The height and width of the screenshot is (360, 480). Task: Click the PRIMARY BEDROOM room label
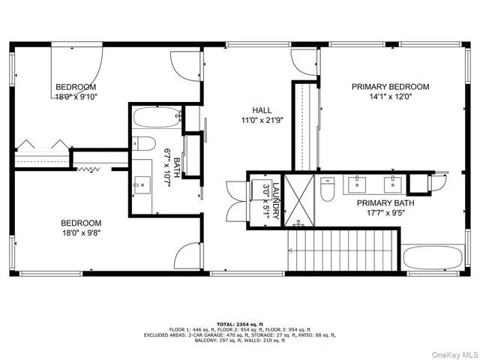[x=391, y=87]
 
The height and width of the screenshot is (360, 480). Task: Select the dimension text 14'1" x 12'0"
[x=391, y=97]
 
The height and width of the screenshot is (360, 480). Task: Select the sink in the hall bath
[x=142, y=183]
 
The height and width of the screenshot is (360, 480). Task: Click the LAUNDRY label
[x=276, y=200]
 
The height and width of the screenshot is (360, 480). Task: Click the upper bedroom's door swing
[x=182, y=66]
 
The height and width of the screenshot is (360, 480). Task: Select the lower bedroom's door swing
[x=184, y=257]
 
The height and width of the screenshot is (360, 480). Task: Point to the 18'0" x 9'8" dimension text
[x=81, y=233]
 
